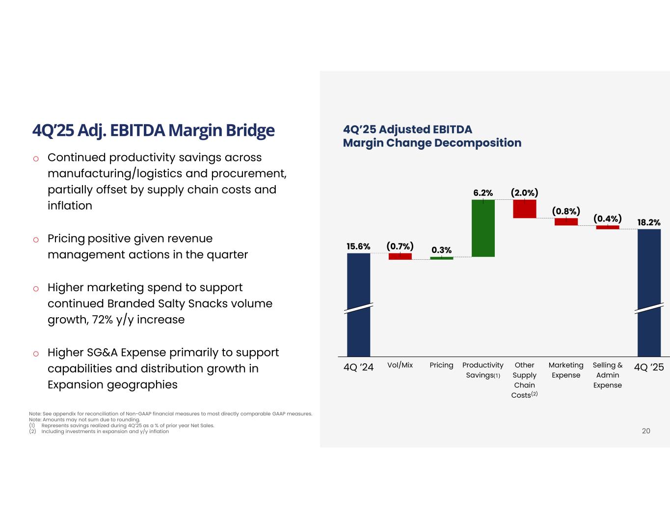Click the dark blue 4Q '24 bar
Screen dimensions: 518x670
pyautogui.click(x=358, y=304)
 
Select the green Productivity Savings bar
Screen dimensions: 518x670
pyautogui.click(x=483, y=228)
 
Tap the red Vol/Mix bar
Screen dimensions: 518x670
pyautogui.click(x=400, y=256)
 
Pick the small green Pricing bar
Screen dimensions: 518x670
pyautogui.click(x=442, y=258)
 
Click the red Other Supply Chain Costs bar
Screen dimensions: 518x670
pyautogui.click(x=525, y=209)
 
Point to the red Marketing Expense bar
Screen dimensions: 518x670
pyautogui.click(x=566, y=222)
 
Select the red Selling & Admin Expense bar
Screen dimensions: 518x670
pyautogui.click(x=608, y=227)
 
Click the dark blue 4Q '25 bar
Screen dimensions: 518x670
pyautogui.click(x=649, y=293)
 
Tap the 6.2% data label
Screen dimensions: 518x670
pyautogui.click(x=483, y=193)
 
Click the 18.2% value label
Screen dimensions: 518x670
pyautogui.click(x=649, y=222)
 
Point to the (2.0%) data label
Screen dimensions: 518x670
pyautogui.click(x=525, y=192)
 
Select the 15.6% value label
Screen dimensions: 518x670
pyautogui.click(x=358, y=246)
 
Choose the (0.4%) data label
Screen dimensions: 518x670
pyautogui.click(x=608, y=218)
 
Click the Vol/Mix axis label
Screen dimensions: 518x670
pyautogui.click(x=400, y=365)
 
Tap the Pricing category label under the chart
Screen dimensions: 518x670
pyautogui.click(x=441, y=365)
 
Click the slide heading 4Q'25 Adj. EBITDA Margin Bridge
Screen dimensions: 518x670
pyautogui.click(x=153, y=131)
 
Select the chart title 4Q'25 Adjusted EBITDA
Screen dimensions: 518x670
pyautogui.click(x=407, y=129)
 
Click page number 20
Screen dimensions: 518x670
pyautogui.click(x=646, y=431)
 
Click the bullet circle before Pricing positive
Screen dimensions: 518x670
pyautogui.click(x=36, y=240)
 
